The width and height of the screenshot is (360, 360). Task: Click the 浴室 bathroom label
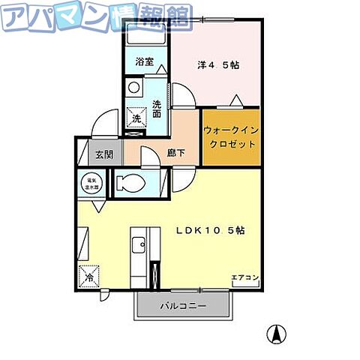pyautogui.click(x=145, y=62)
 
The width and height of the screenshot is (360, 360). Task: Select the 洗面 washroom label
pyautogui.click(x=157, y=109)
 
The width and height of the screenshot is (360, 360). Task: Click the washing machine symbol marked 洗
pyautogui.click(x=137, y=118)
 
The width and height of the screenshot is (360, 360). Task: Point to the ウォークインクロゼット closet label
pyautogui.click(x=230, y=136)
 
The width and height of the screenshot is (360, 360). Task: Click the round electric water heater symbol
pyautogui.click(x=89, y=183)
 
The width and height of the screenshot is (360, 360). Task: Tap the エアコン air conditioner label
pyautogui.click(x=244, y=278)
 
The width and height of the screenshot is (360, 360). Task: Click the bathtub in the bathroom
pyautogui.click(x=145, y=35)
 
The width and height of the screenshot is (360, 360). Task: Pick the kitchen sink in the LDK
pyautogui.click(x=138, y=244)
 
